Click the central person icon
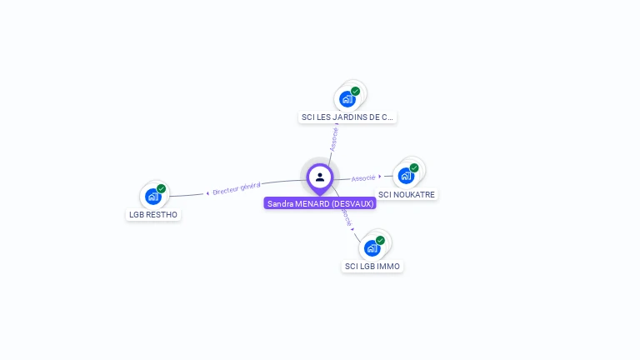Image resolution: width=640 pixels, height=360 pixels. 320,177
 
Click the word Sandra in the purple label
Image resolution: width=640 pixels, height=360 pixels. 281,203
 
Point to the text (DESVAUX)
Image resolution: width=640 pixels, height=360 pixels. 353,203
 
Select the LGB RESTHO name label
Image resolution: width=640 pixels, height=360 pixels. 153,215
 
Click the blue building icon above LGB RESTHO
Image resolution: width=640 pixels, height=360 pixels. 152,197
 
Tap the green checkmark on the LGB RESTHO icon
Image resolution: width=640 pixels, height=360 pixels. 162,189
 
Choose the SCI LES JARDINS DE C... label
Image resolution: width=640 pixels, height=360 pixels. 347,117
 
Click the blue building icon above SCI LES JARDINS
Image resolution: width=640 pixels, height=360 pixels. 347,99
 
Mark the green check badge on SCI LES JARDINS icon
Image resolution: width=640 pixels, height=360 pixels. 356,91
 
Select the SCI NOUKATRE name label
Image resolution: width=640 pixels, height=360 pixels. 407,195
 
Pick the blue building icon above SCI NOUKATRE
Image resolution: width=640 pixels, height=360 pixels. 406,176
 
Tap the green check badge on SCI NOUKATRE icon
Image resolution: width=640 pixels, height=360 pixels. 414,167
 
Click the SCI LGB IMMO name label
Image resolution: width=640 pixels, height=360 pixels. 372,267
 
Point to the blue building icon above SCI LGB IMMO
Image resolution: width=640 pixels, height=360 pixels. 372,247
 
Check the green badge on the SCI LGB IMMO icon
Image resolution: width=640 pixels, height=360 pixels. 381,240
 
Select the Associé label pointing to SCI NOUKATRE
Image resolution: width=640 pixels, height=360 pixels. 363,177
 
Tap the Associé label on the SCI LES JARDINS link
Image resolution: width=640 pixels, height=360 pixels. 334,138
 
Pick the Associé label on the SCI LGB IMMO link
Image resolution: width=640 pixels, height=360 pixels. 346,217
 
